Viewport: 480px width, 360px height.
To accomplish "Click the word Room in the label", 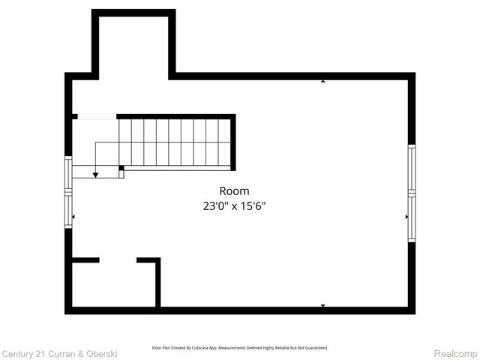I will pos(234,191).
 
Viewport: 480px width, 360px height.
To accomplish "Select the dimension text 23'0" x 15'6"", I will pos(234,205).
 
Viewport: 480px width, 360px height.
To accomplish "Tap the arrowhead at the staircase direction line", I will pos(96,175).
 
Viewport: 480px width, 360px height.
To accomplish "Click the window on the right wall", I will pos(411,193).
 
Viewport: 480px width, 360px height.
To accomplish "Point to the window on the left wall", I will pos(68,191).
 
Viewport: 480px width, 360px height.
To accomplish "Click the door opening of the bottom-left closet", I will pos(118,260).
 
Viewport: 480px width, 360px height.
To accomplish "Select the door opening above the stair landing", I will pos(97,116).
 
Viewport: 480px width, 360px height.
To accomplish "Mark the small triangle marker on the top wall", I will pos(323,80).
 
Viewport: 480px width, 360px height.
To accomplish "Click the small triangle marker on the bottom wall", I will pos(323,305).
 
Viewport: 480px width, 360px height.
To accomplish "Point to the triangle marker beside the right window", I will pos(406,217).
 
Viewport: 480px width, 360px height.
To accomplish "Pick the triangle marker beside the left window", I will pos(73,217).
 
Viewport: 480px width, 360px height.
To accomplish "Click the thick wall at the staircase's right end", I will pos(233,142).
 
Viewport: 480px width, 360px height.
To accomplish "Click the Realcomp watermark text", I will pos(456,352).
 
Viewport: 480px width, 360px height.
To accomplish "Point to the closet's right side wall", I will pos(158,283).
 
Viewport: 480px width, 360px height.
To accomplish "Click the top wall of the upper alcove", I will pos(133,13).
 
